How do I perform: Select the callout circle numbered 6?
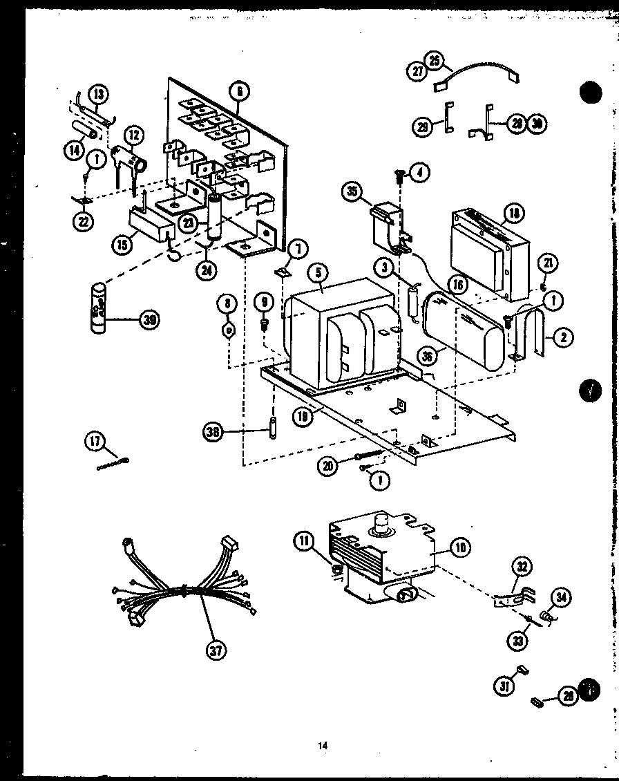240,91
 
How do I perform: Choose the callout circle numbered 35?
353,191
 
